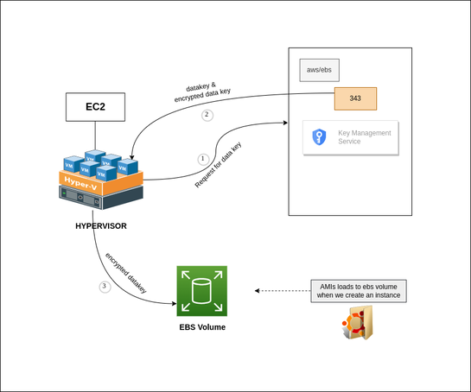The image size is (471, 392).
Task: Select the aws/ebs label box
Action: [x=319, y=70]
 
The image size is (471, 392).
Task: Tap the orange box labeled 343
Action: [x=355, y=98]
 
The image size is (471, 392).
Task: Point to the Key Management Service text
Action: [x=364, y=136]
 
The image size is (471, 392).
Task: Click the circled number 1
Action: [x=203, y=159]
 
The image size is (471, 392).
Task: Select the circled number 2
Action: [x=206, y=115]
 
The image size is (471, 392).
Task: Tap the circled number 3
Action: [x=105, y=287]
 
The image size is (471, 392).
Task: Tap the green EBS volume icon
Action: [x=201, y=291]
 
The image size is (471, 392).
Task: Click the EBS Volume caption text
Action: [x=201, y=328]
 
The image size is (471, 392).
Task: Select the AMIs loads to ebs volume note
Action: [x=359, y=290]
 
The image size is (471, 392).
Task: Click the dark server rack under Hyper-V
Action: [x=100, y=199]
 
